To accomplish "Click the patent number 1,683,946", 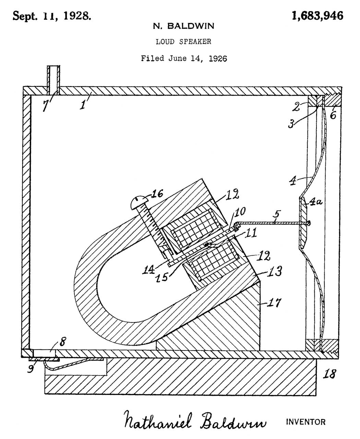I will [317, 15].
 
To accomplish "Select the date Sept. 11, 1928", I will [52, 16].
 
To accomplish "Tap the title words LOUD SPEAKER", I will [183, 42].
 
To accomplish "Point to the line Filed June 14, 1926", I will [184, 58].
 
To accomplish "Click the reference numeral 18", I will [329, 373].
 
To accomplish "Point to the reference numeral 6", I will [333, 115].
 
